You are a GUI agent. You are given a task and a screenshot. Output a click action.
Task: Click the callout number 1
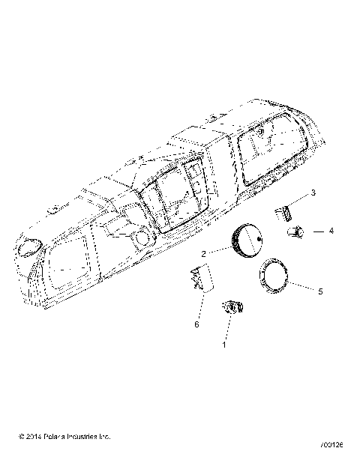pos(223,346)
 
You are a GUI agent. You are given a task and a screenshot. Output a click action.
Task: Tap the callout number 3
pos(313,193)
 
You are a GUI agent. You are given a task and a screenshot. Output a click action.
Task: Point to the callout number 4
pos(331,231)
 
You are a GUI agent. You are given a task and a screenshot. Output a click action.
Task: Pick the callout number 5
pos(319,291)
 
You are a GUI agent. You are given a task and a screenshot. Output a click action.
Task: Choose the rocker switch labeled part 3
pos(283,214)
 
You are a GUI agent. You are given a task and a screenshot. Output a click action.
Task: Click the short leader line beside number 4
pos(315,231)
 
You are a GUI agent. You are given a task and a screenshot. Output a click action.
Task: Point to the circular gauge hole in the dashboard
pos(139,240)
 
